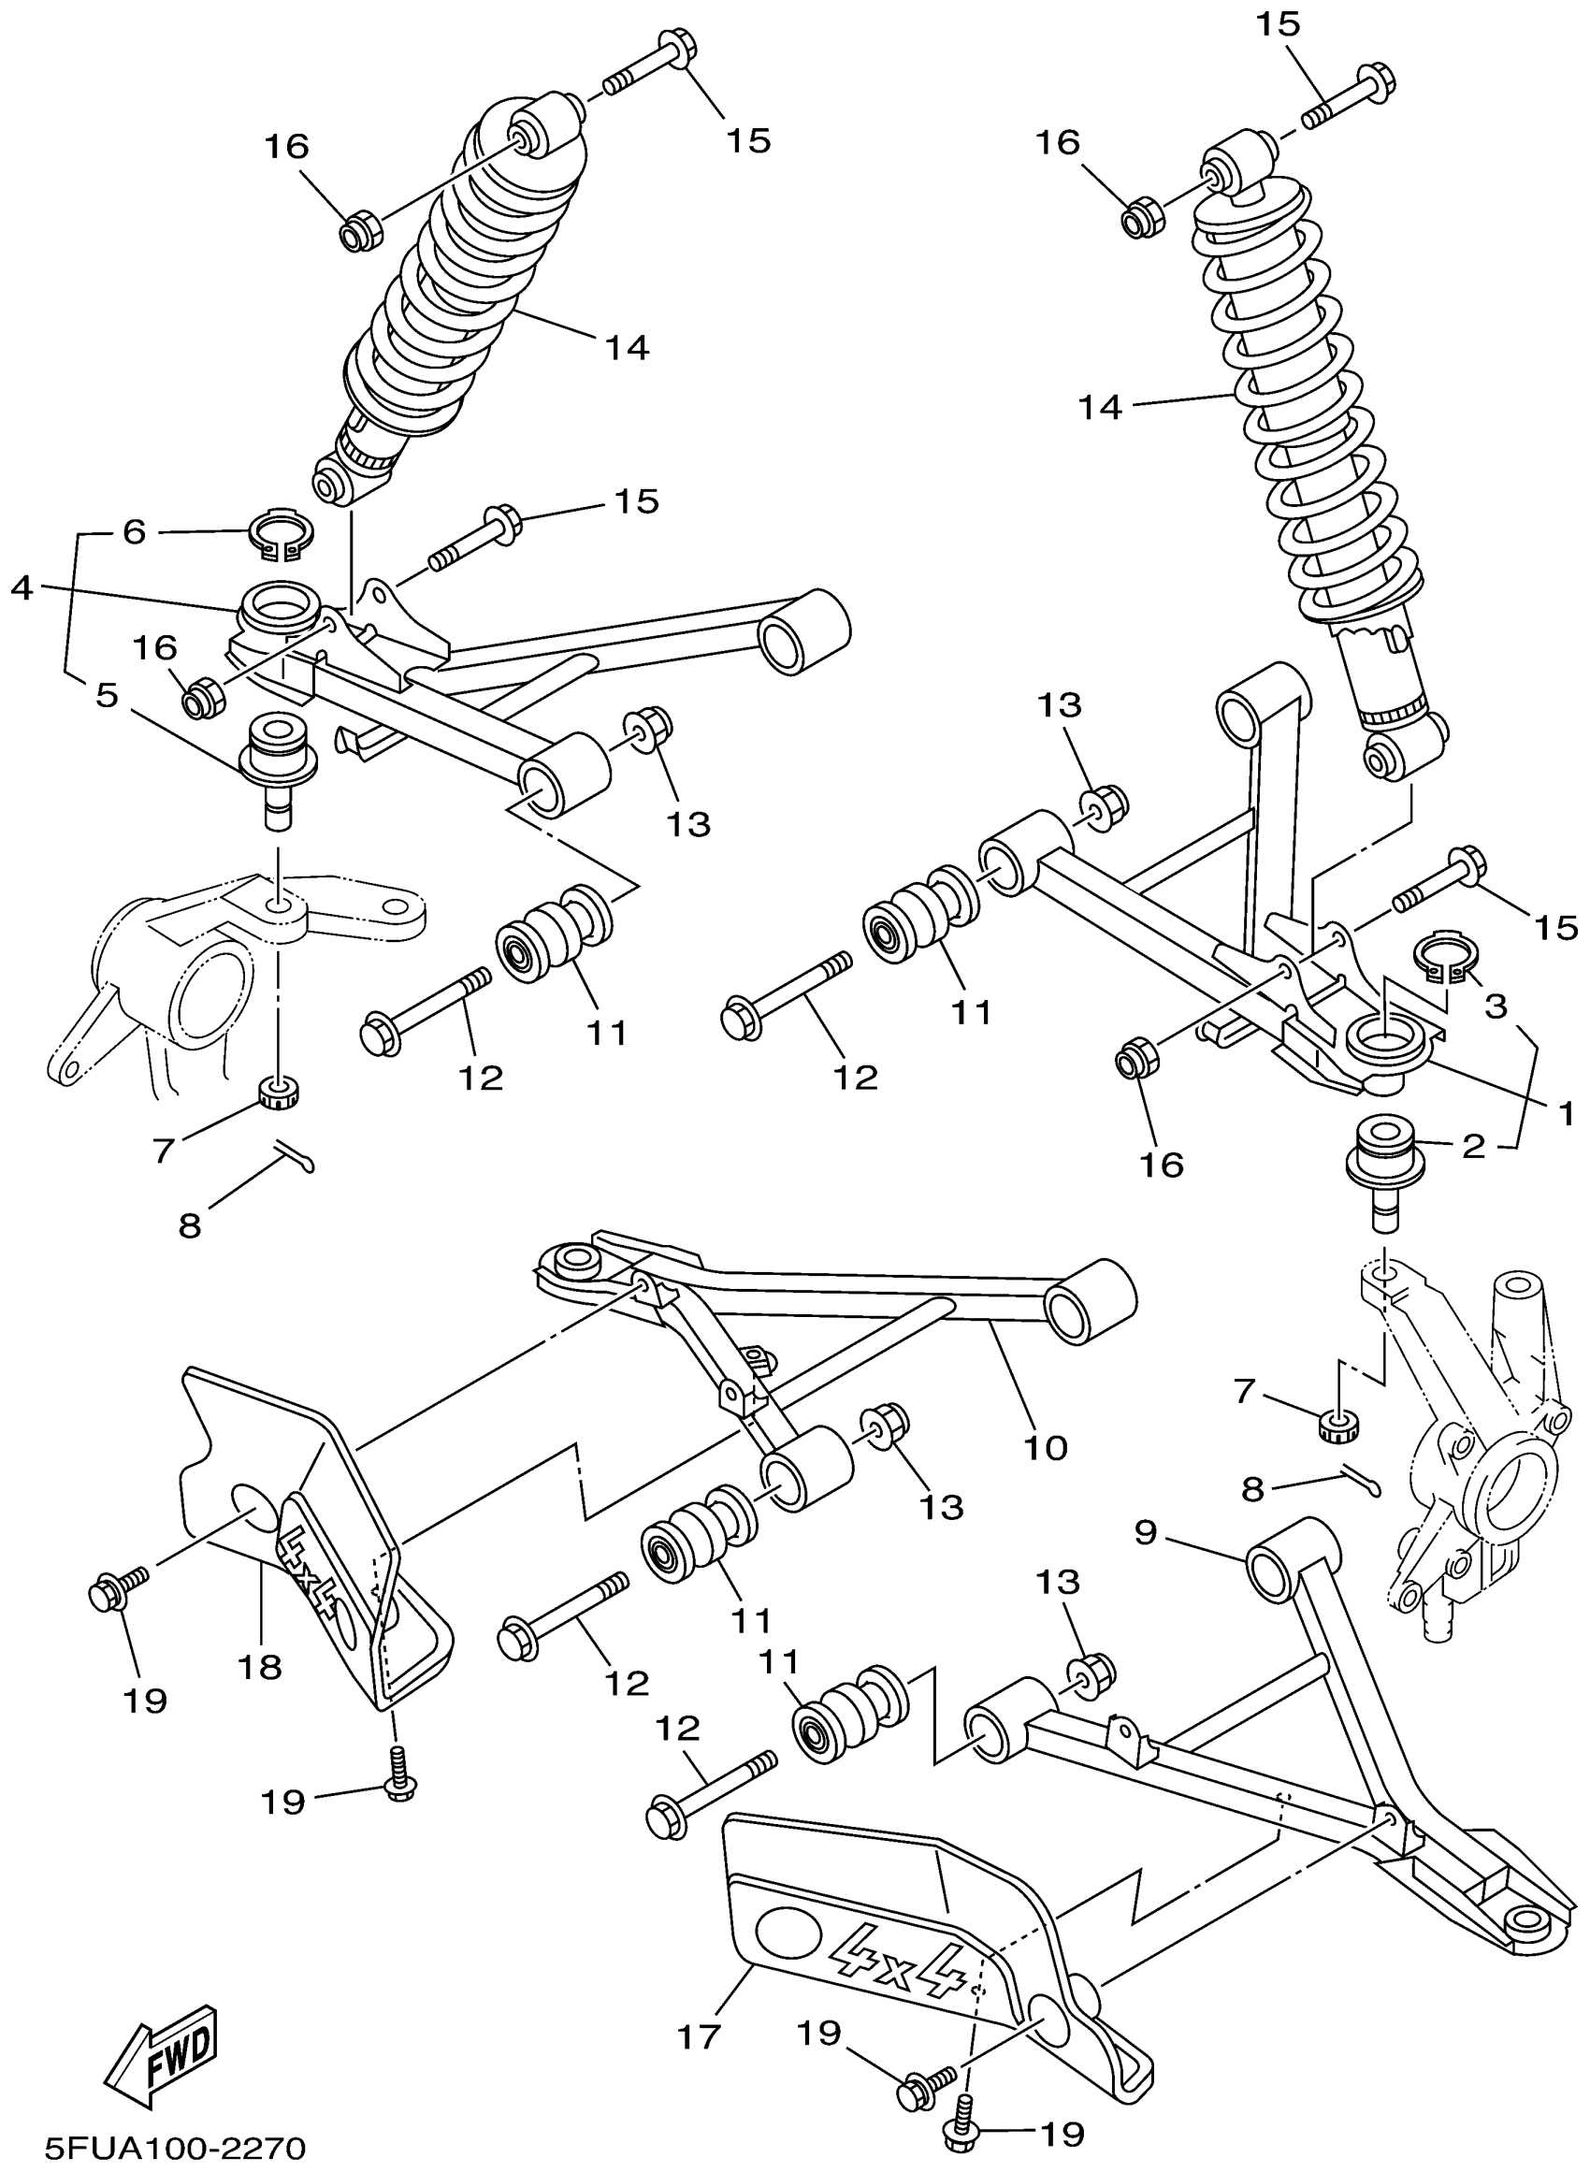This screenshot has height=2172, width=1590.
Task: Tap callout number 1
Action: (x=1564, y=1113)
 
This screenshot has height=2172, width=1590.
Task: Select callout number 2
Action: (x=1473, y=1146)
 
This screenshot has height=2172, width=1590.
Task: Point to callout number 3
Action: (x=1495, y=1006)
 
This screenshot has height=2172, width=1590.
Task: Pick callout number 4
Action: (x=22, y=588)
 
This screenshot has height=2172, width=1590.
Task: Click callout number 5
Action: (x=107, y=696)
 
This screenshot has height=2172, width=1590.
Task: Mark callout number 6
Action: (x=134, y=532)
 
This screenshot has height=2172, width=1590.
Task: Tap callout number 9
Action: (x=1145, y=1532)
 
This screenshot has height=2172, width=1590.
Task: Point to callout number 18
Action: (x=260, y=1666)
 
